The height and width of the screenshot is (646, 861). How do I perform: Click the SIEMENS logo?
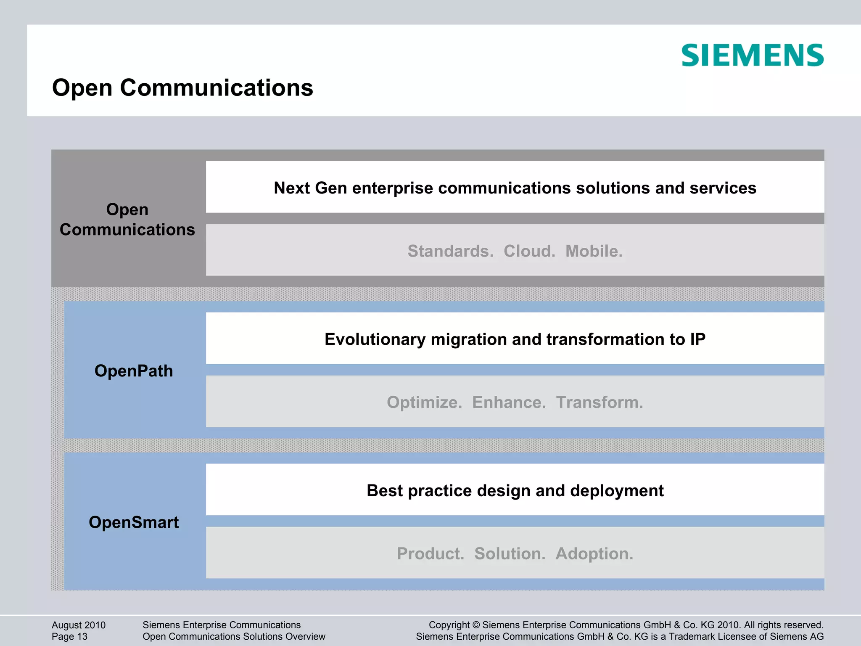[752, 55]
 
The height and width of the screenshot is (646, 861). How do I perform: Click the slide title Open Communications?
[182, 88]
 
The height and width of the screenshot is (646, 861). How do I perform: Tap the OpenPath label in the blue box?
[134, 371]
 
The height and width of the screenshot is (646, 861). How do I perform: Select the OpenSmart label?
[134, 522]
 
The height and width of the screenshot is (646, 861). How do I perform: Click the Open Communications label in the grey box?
[127, 220]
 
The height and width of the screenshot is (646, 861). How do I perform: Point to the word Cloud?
[529, 251]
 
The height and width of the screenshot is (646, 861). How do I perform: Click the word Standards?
[450, 251]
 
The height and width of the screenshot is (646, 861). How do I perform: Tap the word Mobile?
[594, 251]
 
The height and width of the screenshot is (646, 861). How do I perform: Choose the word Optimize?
[424, 402]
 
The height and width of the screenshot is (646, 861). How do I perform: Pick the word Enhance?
[509, 402]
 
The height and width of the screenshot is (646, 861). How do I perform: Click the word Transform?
[600, 402]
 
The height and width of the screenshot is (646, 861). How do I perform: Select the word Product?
[430, 554]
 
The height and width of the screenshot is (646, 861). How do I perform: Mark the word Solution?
[510, 554]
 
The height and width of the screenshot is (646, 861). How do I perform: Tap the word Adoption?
[594, 554]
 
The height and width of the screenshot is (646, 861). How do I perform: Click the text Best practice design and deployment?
[515, 491]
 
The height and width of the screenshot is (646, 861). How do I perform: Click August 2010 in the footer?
[79, 625]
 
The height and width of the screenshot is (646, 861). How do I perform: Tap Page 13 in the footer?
[69, 636]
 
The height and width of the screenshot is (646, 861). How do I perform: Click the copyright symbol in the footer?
[476, 625]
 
